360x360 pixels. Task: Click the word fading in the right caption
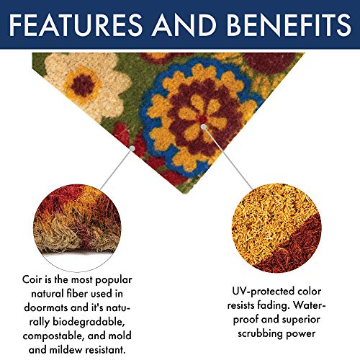pos(288,305)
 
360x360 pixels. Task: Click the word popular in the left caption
pos(114,279)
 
